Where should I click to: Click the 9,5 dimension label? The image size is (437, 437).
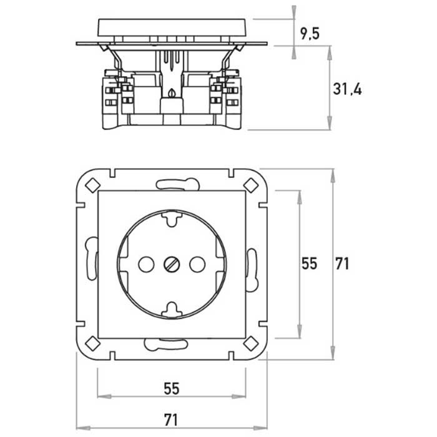(x=310, y=34)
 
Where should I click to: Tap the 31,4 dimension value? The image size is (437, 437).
(x=347, y=89)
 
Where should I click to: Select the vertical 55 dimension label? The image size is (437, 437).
(x=310, y=263)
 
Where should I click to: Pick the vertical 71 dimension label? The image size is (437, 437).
(x=342, y=263)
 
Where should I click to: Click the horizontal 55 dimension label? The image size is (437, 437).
(x=172, y=389)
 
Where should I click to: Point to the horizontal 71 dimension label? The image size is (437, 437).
(x=171, y=420)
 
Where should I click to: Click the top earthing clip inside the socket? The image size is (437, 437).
(x=172, y=219)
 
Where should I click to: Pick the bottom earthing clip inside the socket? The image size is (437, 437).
(x=172, y=310)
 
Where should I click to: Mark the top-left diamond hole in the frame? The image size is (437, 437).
(x=93, y=185)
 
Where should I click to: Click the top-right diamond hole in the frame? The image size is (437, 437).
(x=251, y=185)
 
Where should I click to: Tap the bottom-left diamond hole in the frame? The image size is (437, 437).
(x=93, y=343)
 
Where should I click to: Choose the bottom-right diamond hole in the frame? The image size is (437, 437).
(x=251, y=343)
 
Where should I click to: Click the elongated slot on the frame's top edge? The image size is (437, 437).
(x=177, y=185)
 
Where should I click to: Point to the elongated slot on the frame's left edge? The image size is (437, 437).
(x=91, y=258)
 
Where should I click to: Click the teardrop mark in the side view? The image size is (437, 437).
(x=172, y=92)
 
